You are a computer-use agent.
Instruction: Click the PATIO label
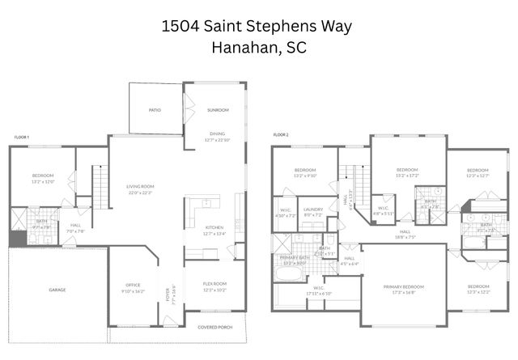tap(155, 110)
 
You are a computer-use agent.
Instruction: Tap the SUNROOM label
tap(217, 110)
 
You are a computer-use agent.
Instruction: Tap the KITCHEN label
tap(214, 227)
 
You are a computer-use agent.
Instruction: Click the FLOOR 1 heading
tap(22, 138)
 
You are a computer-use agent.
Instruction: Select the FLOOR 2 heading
tap(281, 133)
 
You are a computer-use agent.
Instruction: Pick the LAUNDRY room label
tap(312, 210)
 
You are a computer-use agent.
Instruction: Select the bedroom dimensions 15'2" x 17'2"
tap(406, 176)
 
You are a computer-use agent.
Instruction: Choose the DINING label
tap(217, 133)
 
